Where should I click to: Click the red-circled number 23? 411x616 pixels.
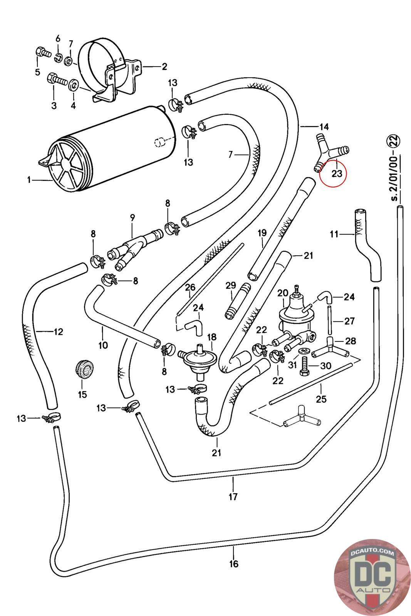(336, 173)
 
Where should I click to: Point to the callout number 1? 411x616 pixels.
(29, 179)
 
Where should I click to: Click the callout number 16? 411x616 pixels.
(234, 564)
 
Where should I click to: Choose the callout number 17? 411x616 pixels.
(233, 497)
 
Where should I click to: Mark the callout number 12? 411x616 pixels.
(58, 331)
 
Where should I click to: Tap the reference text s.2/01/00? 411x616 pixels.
(394, 169)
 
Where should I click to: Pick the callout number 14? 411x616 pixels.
(324, 126)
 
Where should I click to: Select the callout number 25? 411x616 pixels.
(321, 399)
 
